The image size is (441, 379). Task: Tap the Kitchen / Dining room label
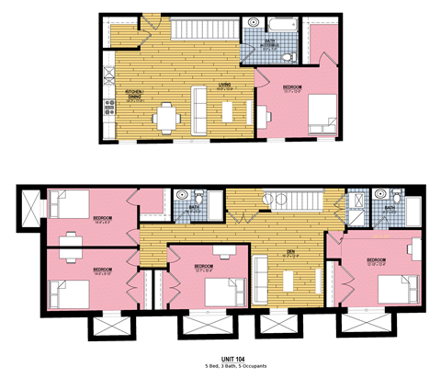[133, 94]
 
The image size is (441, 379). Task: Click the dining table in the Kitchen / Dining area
[165, 116]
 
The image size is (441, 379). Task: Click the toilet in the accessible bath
[288, 56]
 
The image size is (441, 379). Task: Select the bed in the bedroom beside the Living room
[320, 116]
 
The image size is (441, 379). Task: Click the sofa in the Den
[262, 274]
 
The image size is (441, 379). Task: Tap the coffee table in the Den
[289, 277]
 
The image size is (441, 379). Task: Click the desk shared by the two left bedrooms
[72, 244]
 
